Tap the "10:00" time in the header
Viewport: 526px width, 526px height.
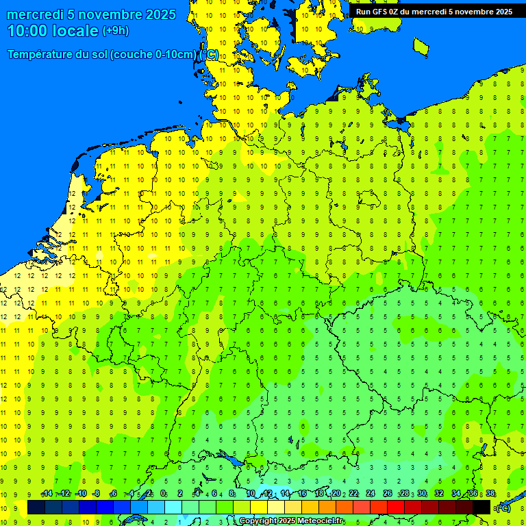(x=27, y=31)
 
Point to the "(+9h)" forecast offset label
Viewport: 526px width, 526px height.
(x=115, y=31)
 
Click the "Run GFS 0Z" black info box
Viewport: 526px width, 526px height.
(x=434, y=11)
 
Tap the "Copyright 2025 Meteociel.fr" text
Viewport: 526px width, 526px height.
(x=291, y=521)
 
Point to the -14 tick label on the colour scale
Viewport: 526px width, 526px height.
(x=47, y=494)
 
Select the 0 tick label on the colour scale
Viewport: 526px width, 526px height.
(x=163, y=494)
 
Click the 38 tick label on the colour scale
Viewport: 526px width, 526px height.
(x=490, y=494)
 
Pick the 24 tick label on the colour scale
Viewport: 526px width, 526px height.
(x=371, y=494)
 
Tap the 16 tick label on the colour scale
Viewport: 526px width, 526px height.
(x=302, y=494)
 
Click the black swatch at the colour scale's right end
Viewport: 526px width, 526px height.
(x=481, y=508)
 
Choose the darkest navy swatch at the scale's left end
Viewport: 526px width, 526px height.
(x=36, y=508)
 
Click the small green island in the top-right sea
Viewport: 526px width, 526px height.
(x=421, y=46)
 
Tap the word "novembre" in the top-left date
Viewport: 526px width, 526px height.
(x=108, y=14)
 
